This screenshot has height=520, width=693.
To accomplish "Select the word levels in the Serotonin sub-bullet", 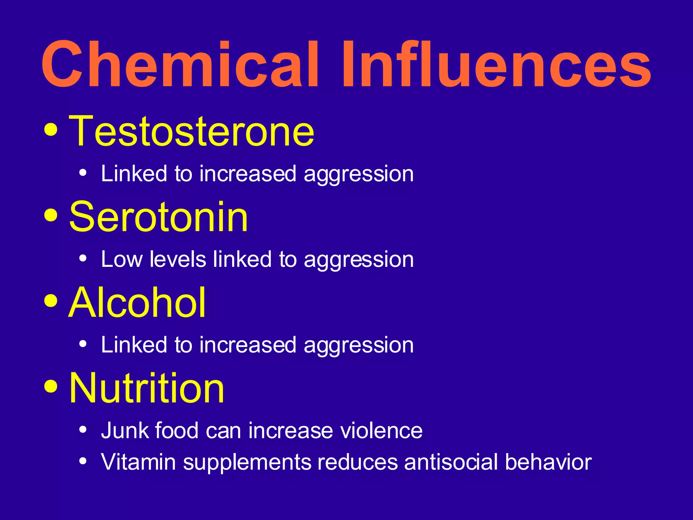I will click(x=178, y=260).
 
